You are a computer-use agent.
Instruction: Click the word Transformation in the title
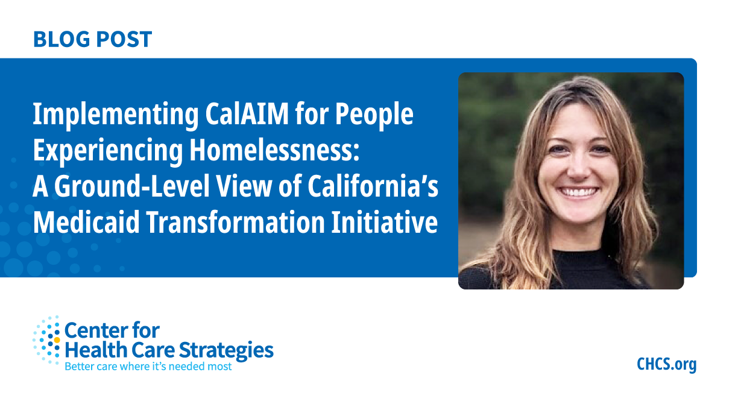point(237,223)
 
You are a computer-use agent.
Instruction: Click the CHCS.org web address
point(666,364)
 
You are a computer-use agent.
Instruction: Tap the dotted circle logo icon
point(47,340)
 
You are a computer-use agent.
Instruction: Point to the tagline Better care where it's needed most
point(148,366)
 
